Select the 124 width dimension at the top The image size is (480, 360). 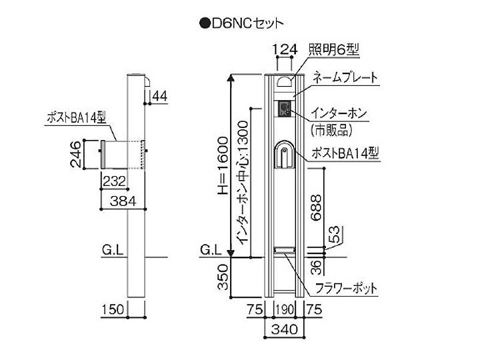click(x=284, y=49)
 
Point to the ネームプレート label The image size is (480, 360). click(x=345, y=77)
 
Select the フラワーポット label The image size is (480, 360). click(x=346, y=289)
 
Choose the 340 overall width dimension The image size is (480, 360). click(x=285, y=328)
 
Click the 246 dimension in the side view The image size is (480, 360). click(x=77, y=153)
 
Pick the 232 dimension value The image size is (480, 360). click(x=113, y=180)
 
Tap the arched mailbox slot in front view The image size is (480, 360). click(x=285, y=159)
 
